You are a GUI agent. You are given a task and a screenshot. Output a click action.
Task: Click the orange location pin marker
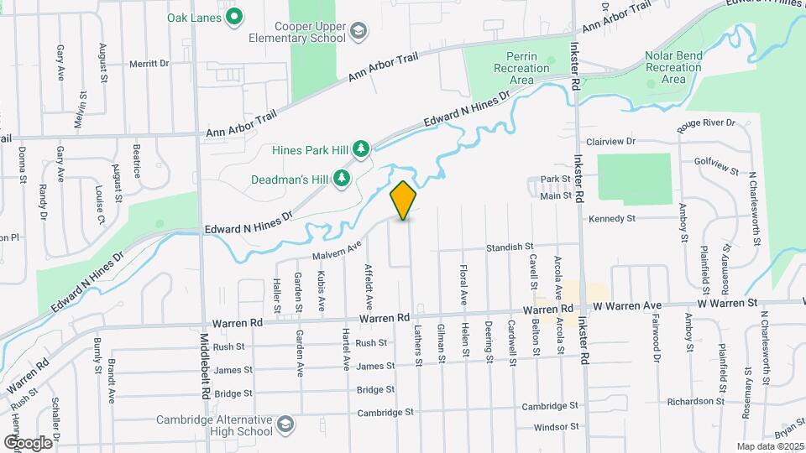[403, 200]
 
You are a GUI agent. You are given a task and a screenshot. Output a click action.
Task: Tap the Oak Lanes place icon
[236, 16]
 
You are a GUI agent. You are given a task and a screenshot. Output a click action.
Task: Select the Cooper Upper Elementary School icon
[359, 32]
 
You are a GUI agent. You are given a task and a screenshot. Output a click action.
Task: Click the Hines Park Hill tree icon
[361, 149]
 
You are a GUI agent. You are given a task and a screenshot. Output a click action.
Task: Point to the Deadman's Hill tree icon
[342, 178]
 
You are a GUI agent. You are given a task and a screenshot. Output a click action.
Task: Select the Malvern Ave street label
[337, 250]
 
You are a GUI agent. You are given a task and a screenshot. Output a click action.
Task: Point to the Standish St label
[511, 247]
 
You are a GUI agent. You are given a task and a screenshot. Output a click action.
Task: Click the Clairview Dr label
[621, 143]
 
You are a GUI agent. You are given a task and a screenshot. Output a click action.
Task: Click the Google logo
[27, 442]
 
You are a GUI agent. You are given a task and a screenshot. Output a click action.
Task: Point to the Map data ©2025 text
[770, 446]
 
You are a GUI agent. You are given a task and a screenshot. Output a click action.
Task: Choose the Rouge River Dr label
[707, 123]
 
